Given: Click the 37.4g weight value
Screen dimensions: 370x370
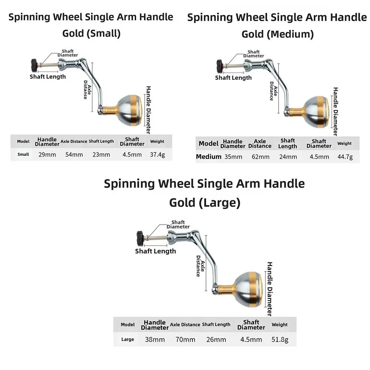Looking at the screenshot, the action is (157, 155).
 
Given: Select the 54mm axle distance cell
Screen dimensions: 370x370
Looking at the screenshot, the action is (74, 155).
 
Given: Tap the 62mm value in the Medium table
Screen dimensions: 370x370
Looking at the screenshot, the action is (260, 157).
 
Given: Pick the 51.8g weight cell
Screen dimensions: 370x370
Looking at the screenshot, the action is (280, 340).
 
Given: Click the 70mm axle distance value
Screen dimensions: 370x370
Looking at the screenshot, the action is (185, 340).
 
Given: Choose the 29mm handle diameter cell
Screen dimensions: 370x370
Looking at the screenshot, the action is (47, 155).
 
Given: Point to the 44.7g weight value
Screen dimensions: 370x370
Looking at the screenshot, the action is (345, 157).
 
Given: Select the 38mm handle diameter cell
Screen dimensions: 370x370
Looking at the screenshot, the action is (155, 340).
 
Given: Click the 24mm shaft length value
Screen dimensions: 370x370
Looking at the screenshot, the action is (288, 157).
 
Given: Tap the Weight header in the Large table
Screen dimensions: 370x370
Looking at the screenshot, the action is (280, 325).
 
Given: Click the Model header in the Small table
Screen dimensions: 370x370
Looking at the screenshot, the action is (23, 142).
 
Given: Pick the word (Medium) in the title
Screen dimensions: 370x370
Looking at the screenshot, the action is (290, 34).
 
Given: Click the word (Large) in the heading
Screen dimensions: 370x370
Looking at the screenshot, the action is (219, 203).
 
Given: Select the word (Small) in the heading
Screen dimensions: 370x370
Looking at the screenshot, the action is (104, 33).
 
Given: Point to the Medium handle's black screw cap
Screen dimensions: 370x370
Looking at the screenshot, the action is (220, 66).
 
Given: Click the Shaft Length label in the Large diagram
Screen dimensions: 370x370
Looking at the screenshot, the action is (155, 251).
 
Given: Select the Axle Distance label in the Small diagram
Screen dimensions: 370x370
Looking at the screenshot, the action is (87, 90).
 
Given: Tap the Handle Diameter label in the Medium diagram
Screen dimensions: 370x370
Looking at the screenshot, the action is (336, 112).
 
